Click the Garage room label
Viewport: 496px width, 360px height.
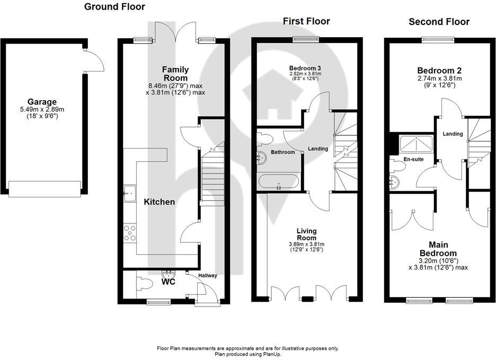click(42, 102)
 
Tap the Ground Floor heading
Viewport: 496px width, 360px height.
click(114, 7)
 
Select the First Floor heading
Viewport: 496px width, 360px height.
click(306, 21)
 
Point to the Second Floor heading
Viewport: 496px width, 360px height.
click(439, 22)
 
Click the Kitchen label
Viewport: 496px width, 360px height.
click(160, 202)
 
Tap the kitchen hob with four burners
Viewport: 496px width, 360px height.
click(130, 233)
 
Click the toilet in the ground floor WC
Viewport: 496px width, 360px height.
click(144, 283)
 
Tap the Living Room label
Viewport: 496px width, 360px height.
click(306, 234)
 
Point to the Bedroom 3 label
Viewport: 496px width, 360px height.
click(305, 68)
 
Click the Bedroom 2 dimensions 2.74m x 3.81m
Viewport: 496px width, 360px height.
click(439, 79)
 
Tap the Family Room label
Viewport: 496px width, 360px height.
click(175, 74)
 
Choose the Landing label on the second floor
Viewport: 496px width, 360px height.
click(453, 134)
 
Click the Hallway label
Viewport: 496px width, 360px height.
click(207, 275)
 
